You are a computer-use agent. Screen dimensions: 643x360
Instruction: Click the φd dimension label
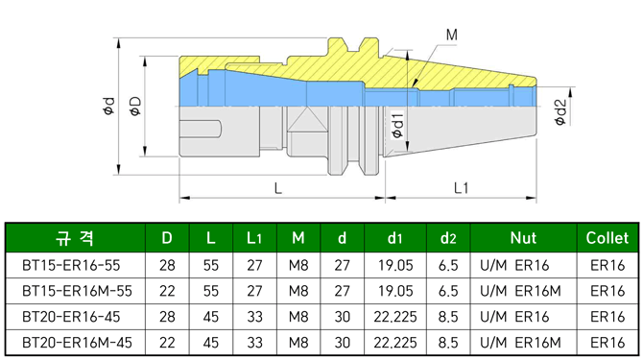[x=108, y=106]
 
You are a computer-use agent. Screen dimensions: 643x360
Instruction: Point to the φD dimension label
[x=135, y=106]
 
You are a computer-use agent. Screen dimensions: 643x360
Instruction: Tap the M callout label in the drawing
[x=451, y=35]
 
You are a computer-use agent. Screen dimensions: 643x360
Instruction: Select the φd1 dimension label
[x=397, y=124]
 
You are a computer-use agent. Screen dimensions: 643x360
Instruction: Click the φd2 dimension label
[x=560, y=112]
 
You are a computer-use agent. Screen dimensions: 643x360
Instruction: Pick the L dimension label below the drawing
[x=278, y=188]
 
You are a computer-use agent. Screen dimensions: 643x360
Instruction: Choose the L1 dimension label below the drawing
[x=461, y=188]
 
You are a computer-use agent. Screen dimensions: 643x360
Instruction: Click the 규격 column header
[x=75, y=238]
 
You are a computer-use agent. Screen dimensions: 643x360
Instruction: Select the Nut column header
[x=523, y=238]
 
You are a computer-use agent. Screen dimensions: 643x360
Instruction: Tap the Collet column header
[x=607, y=238]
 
